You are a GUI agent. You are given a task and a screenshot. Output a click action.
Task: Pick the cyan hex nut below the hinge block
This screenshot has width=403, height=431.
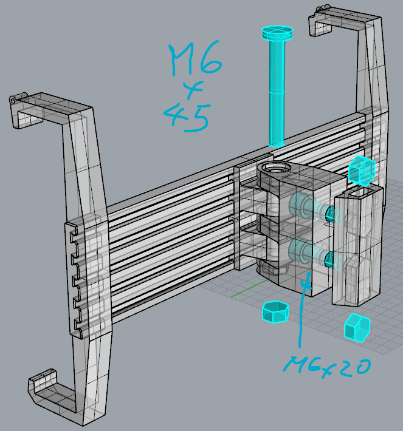tap(274, 312)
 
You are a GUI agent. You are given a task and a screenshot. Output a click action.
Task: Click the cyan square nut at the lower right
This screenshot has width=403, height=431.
tap(357, 328)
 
